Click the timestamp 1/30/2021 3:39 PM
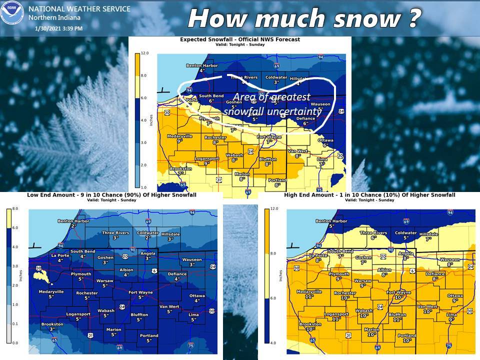pos(59,28)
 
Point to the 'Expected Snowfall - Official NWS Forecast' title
pos(239,39)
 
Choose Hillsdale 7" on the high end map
pos(428,236)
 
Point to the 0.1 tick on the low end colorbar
pos(15,324)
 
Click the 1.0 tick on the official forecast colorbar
pos(144,186)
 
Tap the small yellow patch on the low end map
pos(41,274)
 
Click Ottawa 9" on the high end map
pos(454,298)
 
